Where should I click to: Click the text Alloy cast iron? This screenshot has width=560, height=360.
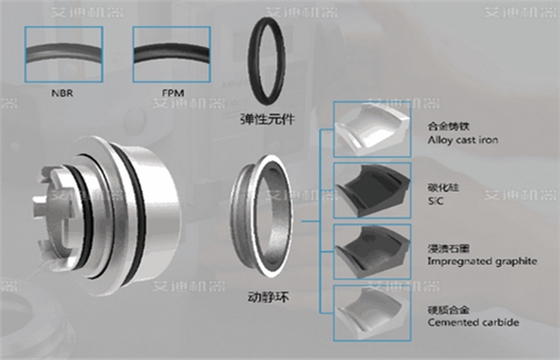tap(463, 142)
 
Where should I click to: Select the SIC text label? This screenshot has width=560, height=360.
tap(435, 200)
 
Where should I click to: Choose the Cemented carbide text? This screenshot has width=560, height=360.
tap(467, 323)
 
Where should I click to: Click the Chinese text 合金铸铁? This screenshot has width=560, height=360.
tap(446, 127)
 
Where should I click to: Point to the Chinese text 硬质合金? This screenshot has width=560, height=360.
tap(446, 309)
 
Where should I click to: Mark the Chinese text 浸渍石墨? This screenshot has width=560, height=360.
tap(446, 244)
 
